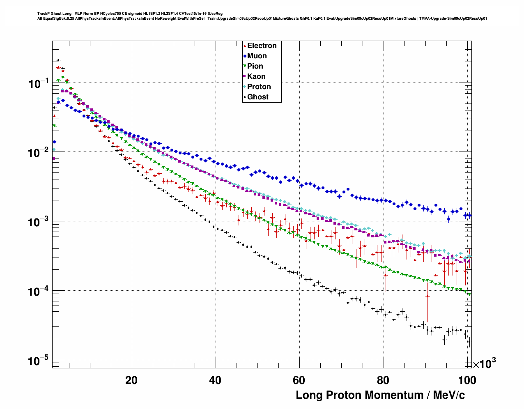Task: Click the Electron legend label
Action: tap(262, 46)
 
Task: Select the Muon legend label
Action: tap(257, 56)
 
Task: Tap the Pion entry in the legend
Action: tap(255, 66)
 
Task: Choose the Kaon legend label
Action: tap(256, 76)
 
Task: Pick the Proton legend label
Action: tap(259, 87)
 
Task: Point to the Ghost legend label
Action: tap(257, 97)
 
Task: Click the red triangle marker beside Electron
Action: tap(245, 46)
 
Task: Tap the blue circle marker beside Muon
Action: tap(245, 56)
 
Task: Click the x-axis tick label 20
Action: tap(131, 380)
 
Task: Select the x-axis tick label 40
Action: tap(215, 380)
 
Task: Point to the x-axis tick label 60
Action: tap(299, 380)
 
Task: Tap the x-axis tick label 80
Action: tap(383, 380)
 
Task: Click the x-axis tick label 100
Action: tap(467, 380)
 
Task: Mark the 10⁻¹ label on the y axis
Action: tap(39, 84)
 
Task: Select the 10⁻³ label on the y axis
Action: tap(39, 222)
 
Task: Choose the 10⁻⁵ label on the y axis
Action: tap(39, 361)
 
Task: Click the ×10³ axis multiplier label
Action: tap(484, 364)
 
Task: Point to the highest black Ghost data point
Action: tap(58, 60)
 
